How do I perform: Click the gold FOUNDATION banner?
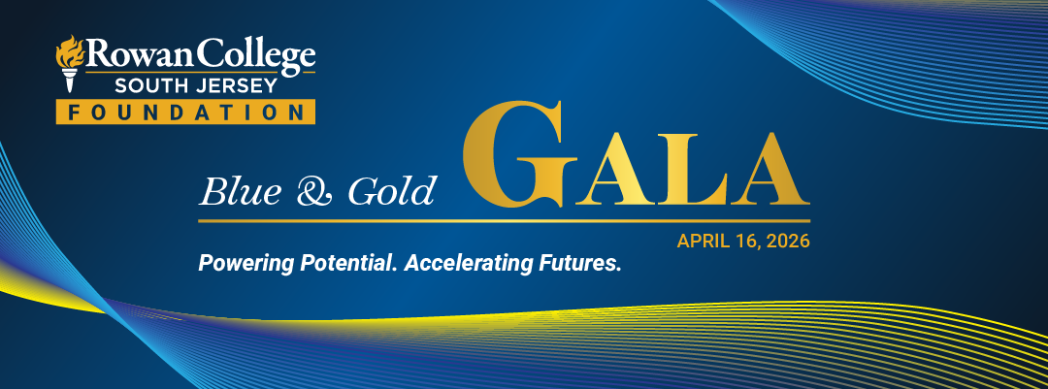click(185, 113)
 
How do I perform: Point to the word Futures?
click(576, 263)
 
